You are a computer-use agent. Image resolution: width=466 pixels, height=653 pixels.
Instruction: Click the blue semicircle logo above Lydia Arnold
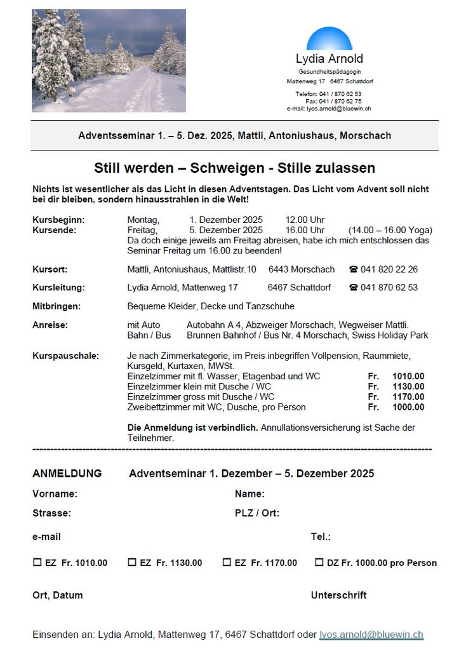tap(329, 40)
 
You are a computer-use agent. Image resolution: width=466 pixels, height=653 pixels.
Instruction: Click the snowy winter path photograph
tap(109, 60)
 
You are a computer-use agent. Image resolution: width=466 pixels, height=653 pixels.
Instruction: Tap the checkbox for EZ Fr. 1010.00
tap(37, 562)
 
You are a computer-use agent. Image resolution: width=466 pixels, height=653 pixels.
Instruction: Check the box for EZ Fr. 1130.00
tap(132, 562)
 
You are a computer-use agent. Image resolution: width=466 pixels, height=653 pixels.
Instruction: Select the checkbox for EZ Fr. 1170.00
tap(227, 562)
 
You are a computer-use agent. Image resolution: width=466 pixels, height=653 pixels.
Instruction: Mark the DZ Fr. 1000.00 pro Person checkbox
tap(319, 562)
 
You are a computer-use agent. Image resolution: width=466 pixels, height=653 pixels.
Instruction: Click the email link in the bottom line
tap(371, 635)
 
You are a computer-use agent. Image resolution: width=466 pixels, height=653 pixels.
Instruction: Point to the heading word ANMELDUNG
tap(67, 473)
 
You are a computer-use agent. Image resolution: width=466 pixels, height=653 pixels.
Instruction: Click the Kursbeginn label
tap(58, 220)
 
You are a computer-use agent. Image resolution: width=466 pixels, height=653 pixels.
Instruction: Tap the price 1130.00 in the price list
tap(408, 386)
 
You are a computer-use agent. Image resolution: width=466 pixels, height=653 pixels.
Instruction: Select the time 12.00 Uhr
tap(305, 220)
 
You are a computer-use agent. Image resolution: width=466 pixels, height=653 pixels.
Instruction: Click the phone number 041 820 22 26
tap(389, 269)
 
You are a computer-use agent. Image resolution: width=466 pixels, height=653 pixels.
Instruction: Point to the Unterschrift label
tap(338, 595)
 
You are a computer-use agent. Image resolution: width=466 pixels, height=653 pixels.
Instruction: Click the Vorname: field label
tap(55, 494)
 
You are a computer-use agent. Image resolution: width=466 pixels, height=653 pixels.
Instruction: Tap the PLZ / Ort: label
tap(257, 513)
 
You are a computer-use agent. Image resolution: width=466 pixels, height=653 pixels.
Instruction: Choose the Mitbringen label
tap(57, 306)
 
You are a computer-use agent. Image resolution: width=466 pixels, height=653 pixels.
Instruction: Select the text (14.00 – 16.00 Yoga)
tap(390, 230)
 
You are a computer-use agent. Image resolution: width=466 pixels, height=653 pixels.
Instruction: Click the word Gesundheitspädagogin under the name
tap(330, 72)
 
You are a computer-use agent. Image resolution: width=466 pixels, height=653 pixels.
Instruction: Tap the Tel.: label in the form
tap(321, 537)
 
